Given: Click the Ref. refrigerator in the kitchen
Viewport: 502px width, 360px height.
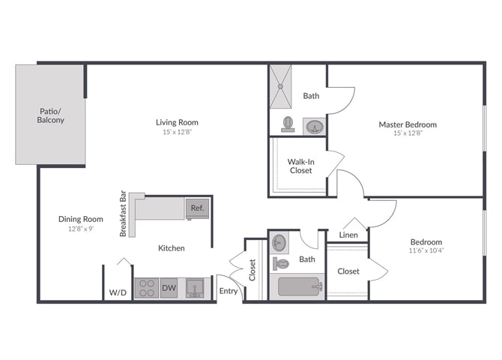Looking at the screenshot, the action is click(198, 208).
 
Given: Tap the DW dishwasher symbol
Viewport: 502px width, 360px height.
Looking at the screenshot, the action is click(169, 288).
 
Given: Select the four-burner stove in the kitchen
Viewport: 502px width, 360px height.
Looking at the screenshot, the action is click(147, 288).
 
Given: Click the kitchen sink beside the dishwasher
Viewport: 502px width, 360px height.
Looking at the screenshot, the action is click(195, 288).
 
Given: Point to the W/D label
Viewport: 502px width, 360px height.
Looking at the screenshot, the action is click(118, 292).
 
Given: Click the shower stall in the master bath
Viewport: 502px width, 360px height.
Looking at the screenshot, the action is click(281, 86).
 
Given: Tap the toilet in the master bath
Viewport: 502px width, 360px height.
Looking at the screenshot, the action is click(288, 124).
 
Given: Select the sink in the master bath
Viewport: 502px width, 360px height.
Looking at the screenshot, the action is click(315, 126).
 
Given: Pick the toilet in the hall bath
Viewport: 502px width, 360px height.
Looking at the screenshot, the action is click(281, 264).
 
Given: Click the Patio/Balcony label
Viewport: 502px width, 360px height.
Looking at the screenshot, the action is click(51, 115).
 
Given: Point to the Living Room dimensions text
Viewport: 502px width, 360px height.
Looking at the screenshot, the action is click(177, 132).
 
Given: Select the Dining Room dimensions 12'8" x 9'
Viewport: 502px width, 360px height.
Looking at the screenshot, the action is click(81, 229).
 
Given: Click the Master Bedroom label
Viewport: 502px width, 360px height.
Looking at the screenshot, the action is click(408, 124).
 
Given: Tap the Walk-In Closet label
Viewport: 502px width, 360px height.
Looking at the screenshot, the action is click(301, 166).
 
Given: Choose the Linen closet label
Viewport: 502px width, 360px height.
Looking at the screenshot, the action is click(348, 235).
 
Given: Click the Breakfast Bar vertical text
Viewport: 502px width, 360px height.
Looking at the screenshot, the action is click(123, 214).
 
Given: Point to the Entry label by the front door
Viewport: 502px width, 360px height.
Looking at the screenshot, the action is click(229, 291).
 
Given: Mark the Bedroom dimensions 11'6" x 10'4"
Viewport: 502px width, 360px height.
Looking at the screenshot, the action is click(426, 250).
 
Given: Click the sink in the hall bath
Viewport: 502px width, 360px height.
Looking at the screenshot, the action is click(279, 243).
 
